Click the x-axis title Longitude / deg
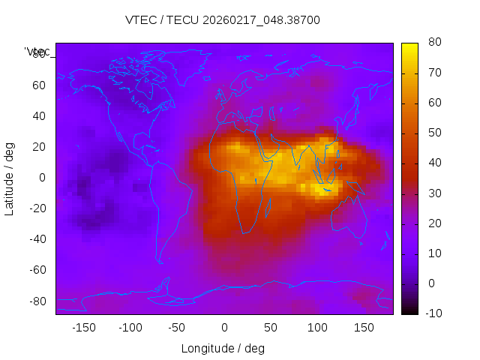[223, 348]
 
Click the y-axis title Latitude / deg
[10, 177]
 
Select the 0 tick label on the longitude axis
[223, 327]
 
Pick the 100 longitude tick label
[316, 327]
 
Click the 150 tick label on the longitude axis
[363, 327]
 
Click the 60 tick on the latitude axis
[38, 85]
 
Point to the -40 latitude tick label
[36, 239]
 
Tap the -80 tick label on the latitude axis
[36, 301]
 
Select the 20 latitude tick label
[38, 147]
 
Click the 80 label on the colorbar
[434, 42]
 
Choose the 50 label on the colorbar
[434, 133]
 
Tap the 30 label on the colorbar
[434, 193]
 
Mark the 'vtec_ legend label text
[37, 52]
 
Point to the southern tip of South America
[160, 262]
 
